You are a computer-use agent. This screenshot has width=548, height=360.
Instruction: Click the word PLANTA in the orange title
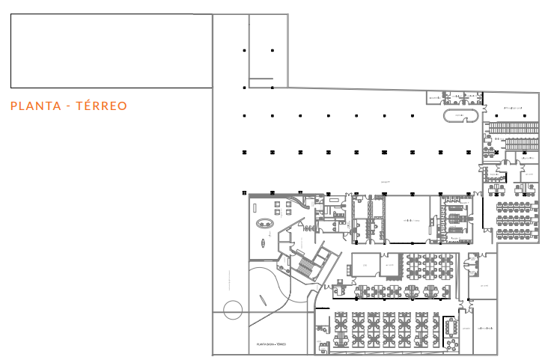(x=34, y=106)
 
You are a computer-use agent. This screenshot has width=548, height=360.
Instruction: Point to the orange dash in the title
(x=68, y=106)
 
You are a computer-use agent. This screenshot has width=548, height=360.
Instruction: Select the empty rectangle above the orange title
(x=111, y=51)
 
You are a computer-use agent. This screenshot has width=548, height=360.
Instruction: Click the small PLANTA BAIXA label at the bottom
(x=271, y=344)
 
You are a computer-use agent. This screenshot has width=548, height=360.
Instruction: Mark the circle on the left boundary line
(x=233, y=308)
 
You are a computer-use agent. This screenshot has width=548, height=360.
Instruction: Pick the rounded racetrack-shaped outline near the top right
(x=461, y=116)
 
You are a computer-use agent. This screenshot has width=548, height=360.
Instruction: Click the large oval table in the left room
(x=264, y=223)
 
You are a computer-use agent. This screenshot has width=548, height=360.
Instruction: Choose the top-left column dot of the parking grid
(x=245, y=50)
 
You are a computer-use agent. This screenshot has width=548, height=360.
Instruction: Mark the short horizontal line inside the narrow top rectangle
(x=261, y=79)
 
